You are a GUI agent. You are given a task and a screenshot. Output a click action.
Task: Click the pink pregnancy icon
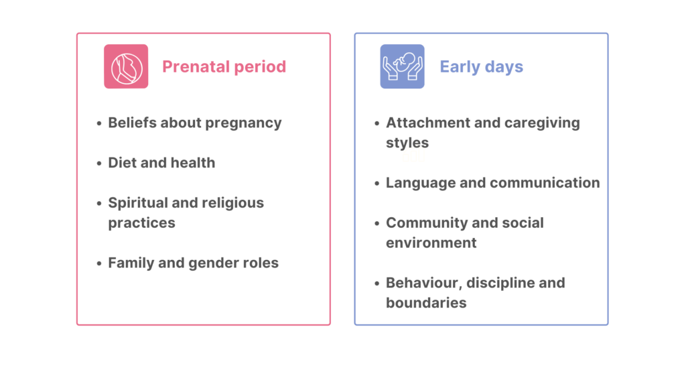tap(126, 66)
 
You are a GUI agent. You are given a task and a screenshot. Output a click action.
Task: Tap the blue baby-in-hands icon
tap(402, 66)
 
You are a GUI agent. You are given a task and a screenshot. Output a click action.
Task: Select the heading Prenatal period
tap(224, 66)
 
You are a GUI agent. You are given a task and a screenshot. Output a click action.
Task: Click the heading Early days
tap(481, 67)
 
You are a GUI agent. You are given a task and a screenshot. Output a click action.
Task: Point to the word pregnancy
tap(243, 123)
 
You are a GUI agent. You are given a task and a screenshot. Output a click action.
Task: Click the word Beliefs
tap(133, 123)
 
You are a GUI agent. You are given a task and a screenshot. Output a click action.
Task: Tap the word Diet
tap(123, 163)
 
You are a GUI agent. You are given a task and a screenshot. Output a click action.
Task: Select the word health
tap(192, 163)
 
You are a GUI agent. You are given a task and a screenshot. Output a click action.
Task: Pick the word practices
tap(142, 223)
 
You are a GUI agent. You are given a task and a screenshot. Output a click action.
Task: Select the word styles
tap(407, 143)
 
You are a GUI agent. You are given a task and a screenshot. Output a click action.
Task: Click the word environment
tap(431, 243)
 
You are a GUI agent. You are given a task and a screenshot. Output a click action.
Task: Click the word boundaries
tap(426, 303)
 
